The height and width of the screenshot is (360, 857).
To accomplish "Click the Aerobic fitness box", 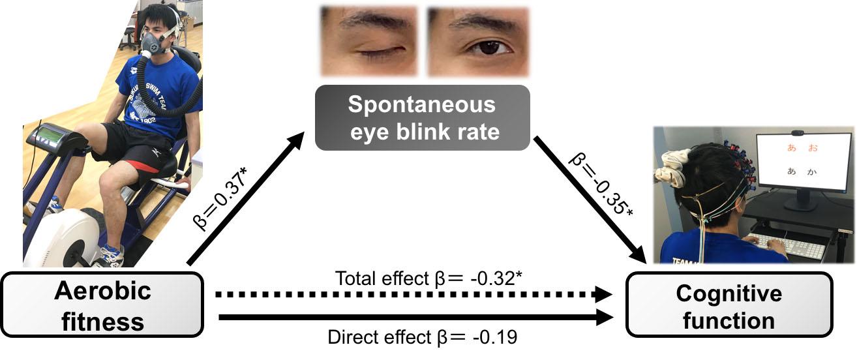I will (x=103, y=304).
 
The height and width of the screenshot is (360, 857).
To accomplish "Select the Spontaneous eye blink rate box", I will (x=422, y=117).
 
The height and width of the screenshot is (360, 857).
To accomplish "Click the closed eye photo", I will (x=368, y=40).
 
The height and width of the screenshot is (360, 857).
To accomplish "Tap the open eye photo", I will (x=477, y=40).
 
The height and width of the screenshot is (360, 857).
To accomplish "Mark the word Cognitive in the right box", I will (x=729, y=294).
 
